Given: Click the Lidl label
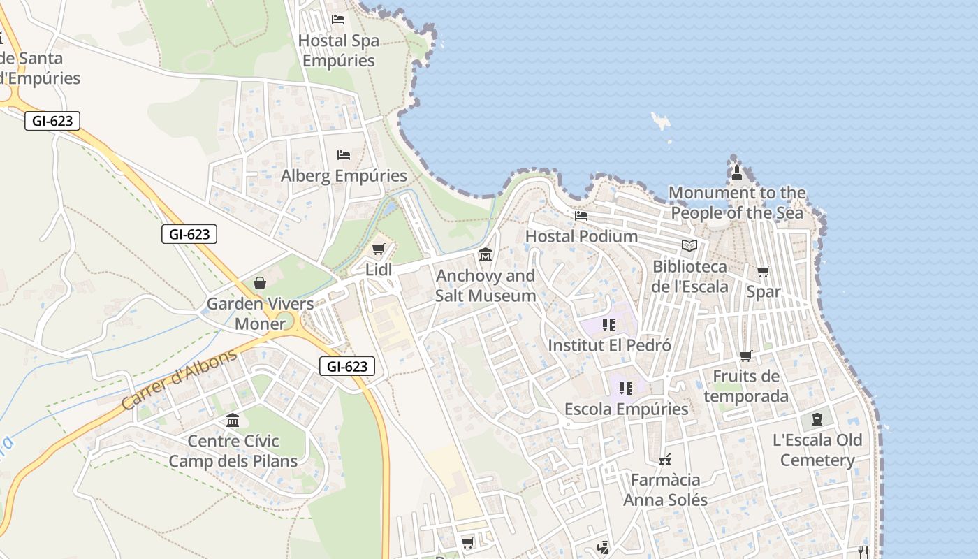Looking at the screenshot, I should [x=378, y=270].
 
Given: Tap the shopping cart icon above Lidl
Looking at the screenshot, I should [x=379, y=249].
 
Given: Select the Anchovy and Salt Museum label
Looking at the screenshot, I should [x=486, y=286].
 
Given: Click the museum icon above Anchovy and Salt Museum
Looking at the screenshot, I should [x=486, y=254].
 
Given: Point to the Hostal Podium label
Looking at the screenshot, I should [x=581, y=236].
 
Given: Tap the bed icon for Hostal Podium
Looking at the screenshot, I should [x=581, y=216].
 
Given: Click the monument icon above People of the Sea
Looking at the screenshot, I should [x=736, y=173].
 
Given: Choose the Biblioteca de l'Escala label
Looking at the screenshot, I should [x=690, y=277].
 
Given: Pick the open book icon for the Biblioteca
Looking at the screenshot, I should [x=689, y=245].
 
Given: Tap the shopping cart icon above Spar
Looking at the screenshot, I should [x=764, y=271].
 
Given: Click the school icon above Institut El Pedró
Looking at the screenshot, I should [x=609, y=325].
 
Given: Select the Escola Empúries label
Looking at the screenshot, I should [x=626, y=409].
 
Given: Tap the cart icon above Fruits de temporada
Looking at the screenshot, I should [x=746, y=356].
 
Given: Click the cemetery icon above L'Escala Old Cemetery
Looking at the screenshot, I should [x=817, y=419].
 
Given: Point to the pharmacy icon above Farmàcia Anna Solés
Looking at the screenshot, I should [x=665, y=460].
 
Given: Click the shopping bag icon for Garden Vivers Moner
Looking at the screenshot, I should [x=260, y=283].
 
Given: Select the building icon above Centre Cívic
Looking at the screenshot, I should [x=233, y=421].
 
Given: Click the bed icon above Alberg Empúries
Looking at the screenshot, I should [x=344, y=155].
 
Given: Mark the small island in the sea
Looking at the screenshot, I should [x=660, y=121].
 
